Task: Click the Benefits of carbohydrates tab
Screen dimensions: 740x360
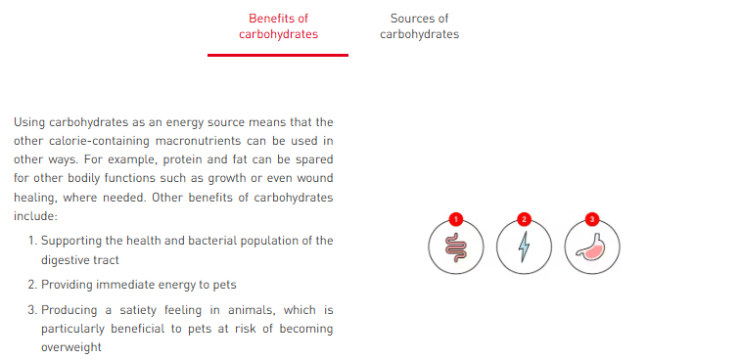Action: (x=278, y=26)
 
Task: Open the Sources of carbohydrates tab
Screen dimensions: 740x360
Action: (x=419, y=26)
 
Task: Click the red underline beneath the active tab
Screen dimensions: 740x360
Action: (x=278, y=55)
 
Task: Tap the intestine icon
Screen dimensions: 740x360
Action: (x=456, y=247)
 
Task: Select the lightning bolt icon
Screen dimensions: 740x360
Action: (x=524, y=247)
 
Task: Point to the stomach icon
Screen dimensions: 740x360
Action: (x=592, y=247)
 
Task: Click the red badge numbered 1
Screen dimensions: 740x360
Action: (x=456, y=219)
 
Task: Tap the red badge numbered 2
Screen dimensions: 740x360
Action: (x=524, y=219)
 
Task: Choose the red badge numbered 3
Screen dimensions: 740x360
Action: (x=592, y=219)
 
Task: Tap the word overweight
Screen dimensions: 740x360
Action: (x=71, y=347)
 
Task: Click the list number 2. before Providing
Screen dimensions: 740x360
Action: (x=32, y=285)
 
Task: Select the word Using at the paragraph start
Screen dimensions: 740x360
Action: (x=29, y=122)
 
